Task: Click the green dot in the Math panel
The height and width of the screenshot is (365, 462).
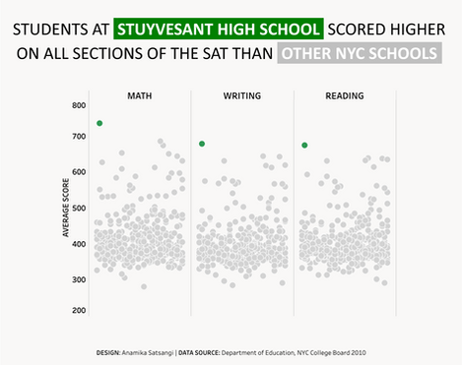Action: click(99, 123)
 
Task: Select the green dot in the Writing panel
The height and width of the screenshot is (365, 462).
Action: click(202, 144)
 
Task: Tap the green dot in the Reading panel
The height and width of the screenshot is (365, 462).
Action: click(304, 146)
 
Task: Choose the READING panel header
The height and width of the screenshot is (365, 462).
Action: click(344, 95)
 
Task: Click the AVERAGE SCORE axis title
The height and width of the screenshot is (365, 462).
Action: click(65, 208)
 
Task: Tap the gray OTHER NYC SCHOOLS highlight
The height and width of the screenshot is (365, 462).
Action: click(359, 52)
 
